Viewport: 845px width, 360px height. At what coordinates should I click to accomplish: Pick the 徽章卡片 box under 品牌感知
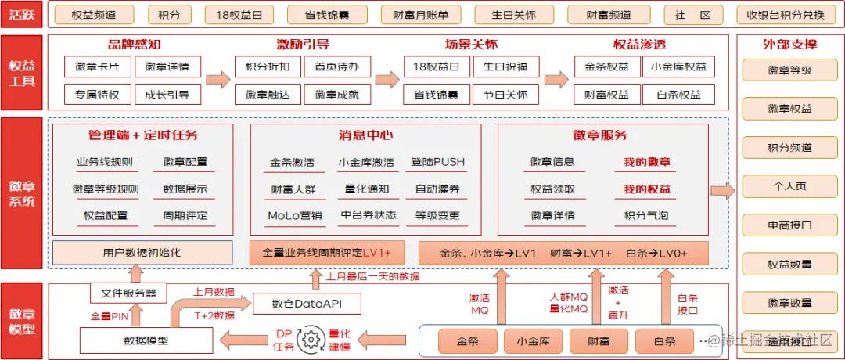click(98, 67)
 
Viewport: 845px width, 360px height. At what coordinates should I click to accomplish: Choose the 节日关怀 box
click(505, 95)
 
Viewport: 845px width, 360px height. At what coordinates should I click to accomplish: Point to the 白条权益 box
click(678, 95)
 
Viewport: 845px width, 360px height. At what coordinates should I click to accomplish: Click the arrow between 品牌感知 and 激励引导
click(218, 79)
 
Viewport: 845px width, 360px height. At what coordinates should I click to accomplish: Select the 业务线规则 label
click(104, 162)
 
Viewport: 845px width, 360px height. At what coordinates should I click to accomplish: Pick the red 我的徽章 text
click(647, 162)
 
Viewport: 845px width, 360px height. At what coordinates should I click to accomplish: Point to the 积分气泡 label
click(646, 215)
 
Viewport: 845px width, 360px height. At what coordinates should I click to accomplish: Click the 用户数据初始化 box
click(142, 253)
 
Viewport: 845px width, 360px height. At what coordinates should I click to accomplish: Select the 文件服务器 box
click(128, 293)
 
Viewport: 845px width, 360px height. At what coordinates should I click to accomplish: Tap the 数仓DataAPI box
click(306, 303)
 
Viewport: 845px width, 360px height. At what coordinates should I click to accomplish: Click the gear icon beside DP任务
click(311, 340)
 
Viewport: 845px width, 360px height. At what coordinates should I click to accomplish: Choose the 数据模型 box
click(146, 340)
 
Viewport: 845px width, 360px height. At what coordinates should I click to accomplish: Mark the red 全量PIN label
click(109, 315)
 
